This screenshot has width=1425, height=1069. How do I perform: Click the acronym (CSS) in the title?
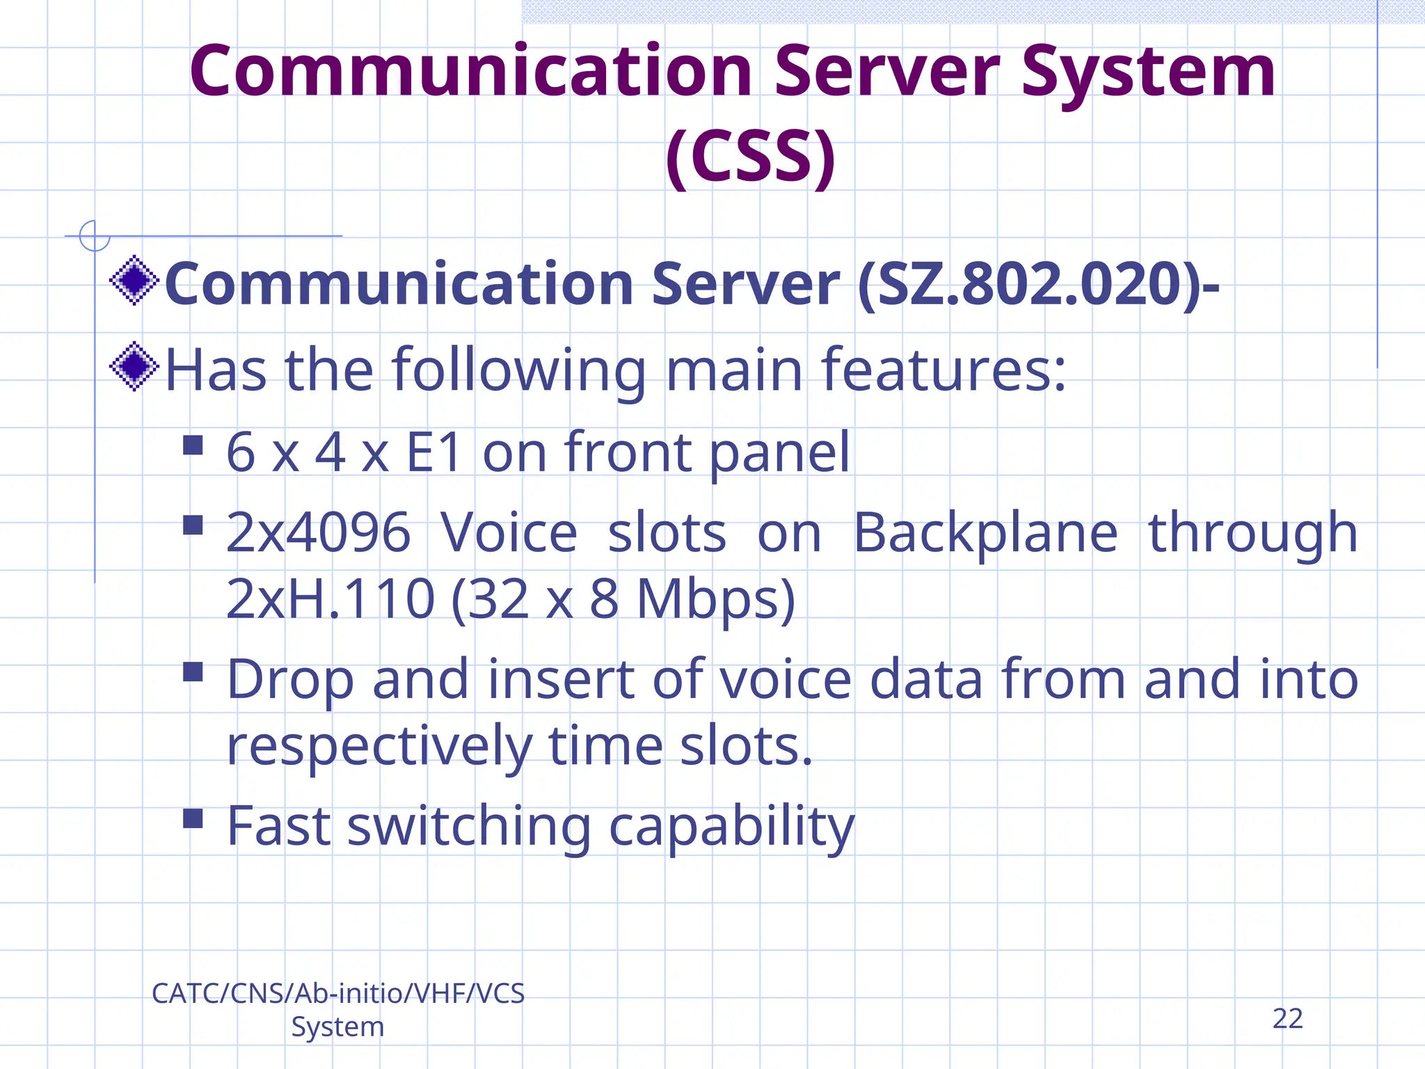click(x=750, y=156)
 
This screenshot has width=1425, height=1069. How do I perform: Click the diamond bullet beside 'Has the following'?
click(x=134, y=366)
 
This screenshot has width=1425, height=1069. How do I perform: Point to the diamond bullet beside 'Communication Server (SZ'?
click(x=134, y=280)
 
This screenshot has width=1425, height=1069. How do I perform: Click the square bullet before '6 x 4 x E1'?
click(x=193, y=445)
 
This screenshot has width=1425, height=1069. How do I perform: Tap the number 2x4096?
click(x=318, y=533)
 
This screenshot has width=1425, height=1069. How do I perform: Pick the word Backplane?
click(x=985, y=533)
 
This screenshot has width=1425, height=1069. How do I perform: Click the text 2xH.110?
click(x=331, y=599)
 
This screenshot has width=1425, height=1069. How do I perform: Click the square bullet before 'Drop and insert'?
click(x=193, y=672)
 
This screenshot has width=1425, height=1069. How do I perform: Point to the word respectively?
click(x=379, y=746)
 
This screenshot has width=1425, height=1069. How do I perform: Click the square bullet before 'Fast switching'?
click(x=193, y=818)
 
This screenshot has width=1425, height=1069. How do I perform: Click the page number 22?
click(x=1287, y=1019)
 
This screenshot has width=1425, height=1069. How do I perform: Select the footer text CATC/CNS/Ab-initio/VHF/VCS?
click(x=338, y=994)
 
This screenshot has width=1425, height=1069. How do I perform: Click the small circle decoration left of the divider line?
click(x=95, y=236)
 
